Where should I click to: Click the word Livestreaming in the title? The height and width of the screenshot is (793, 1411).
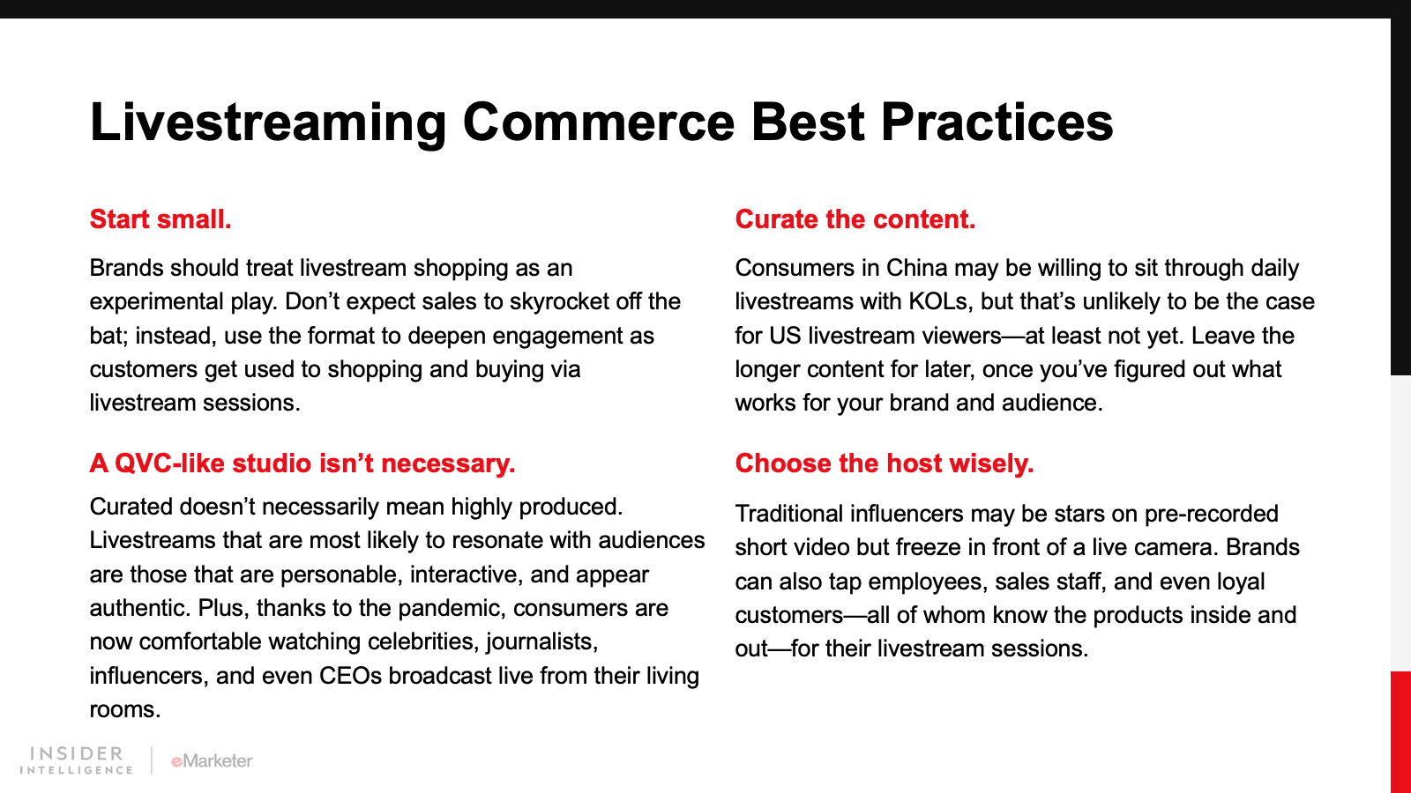[x=268, y=123]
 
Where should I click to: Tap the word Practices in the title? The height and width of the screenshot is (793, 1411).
[x=997, y=122]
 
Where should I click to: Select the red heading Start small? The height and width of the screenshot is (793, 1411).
[x=161, y=219]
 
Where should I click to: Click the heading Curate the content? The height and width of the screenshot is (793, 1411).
[x=855, y=219]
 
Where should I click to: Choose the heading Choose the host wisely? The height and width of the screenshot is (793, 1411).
[x=884, y=463]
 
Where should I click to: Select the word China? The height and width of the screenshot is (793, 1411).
[x=916, y=268]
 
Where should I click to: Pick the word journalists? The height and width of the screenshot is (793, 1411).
[x=541, y=642]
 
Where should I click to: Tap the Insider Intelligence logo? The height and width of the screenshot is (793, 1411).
[x=76, y=760]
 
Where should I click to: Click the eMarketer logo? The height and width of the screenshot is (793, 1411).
[x=213, y=761]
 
